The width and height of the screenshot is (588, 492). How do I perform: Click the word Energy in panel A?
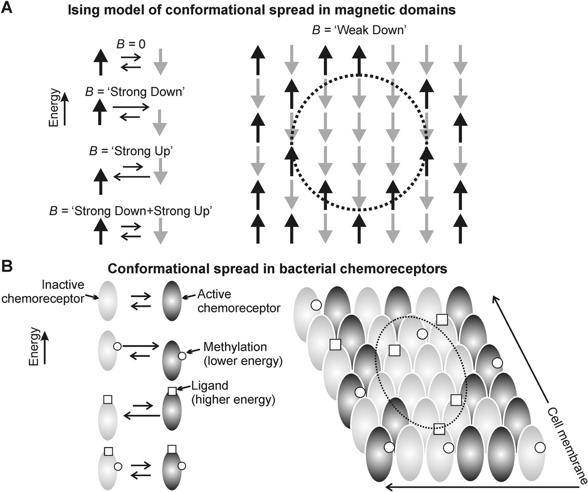click(x=56, y=108)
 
